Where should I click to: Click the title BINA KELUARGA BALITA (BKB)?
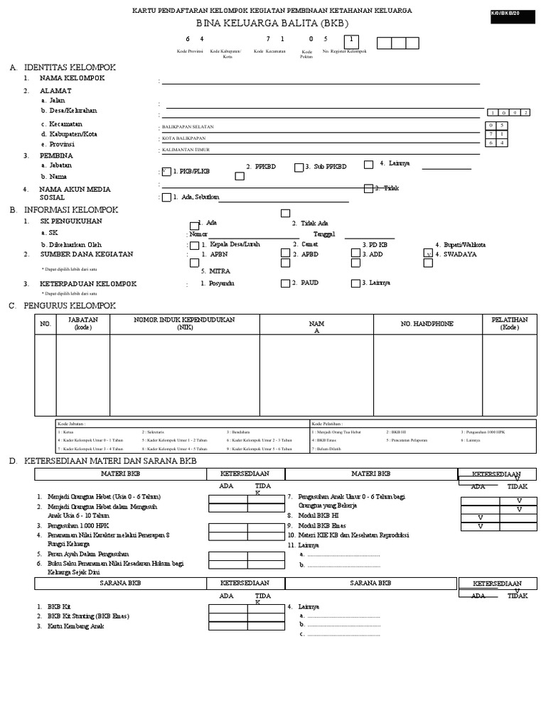tap(272, 23)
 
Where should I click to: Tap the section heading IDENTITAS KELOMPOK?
tap(70, 67)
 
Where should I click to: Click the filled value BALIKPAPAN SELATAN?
tap(188, 127)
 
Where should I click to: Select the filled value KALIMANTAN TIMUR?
tap(186, 151)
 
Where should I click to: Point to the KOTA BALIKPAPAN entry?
tap(183, 138)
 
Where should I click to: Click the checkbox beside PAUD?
tap(285, 283)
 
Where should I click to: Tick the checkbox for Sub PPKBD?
tap(299, 166)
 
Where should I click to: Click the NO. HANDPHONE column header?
tap(427, 324)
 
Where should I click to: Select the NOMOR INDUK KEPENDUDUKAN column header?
tap(184, 324)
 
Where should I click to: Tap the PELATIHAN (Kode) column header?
tap(509, 324)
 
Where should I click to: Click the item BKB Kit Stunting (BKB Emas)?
tap(88, 617)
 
